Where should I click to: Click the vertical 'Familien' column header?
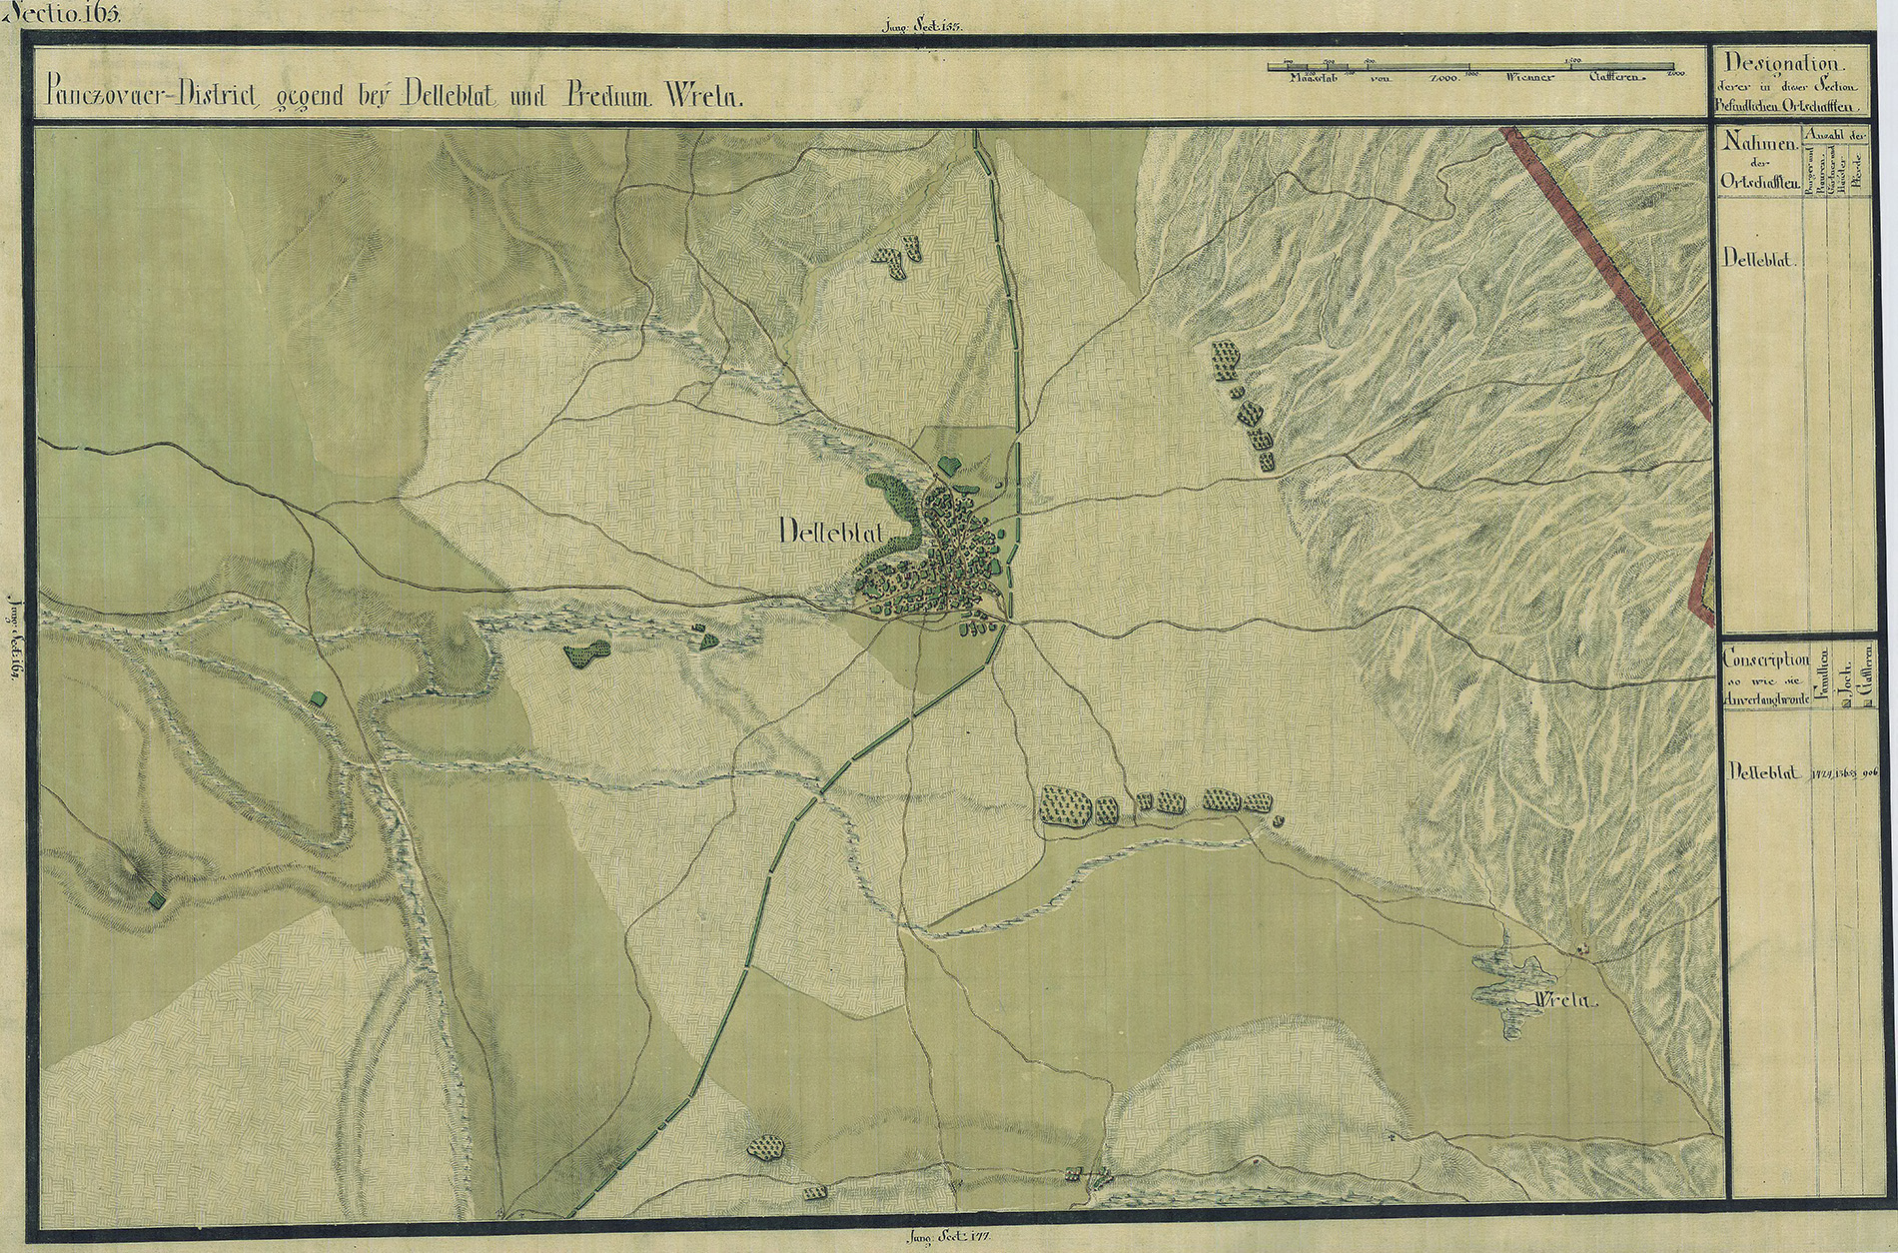[1824, 674]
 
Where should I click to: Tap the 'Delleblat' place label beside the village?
[828, 533]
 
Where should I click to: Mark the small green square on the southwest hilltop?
[155, 900]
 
